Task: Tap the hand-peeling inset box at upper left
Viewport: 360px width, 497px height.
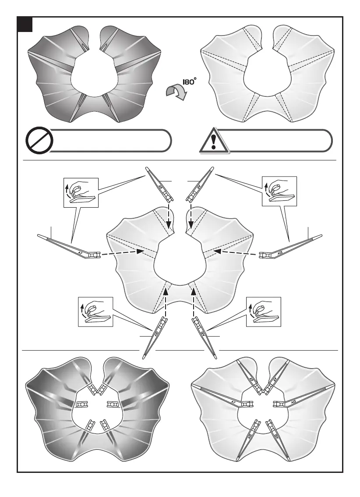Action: pos(81,192)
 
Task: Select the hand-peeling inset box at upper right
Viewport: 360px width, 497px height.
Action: pos(279,191)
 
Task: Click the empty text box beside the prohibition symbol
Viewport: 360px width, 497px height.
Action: pos(109,141)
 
